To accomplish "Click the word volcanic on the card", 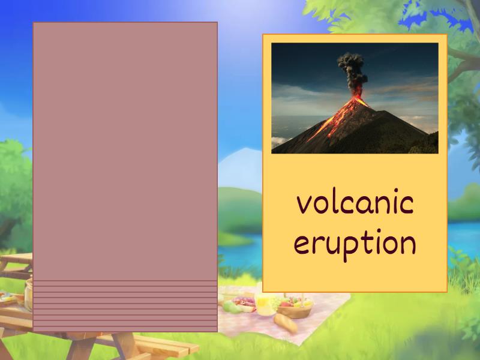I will [x=355, y=204].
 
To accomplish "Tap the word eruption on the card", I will [x=355, y=243].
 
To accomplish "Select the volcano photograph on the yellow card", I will [x=355, y=98].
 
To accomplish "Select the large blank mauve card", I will [x=125, y=150].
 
